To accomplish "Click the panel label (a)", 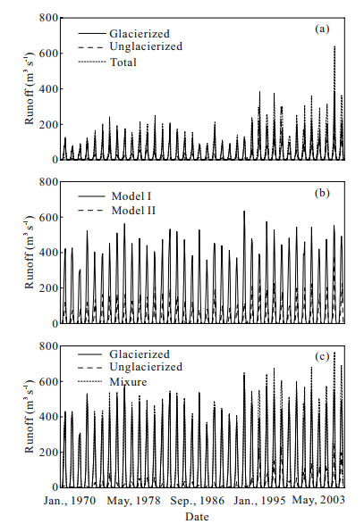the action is pos(322,29).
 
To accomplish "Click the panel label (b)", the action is pos(322,193).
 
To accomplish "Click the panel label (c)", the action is pos(322,356).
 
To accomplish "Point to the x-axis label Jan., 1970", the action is pos(70,501).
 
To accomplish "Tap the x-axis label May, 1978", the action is pos(133,501).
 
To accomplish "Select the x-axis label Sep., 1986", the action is pos(198,501).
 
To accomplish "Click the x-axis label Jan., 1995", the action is pos(260,501).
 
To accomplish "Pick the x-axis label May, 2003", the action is pos(318,500).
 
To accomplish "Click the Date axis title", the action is pos(197,516).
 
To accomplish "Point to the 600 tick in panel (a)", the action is pos(48,54).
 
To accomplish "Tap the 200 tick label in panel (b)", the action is pos(48,287).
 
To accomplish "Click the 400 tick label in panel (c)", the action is pos(48,417).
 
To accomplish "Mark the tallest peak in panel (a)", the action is pos(334,46).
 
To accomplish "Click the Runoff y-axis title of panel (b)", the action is pos(30,253).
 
